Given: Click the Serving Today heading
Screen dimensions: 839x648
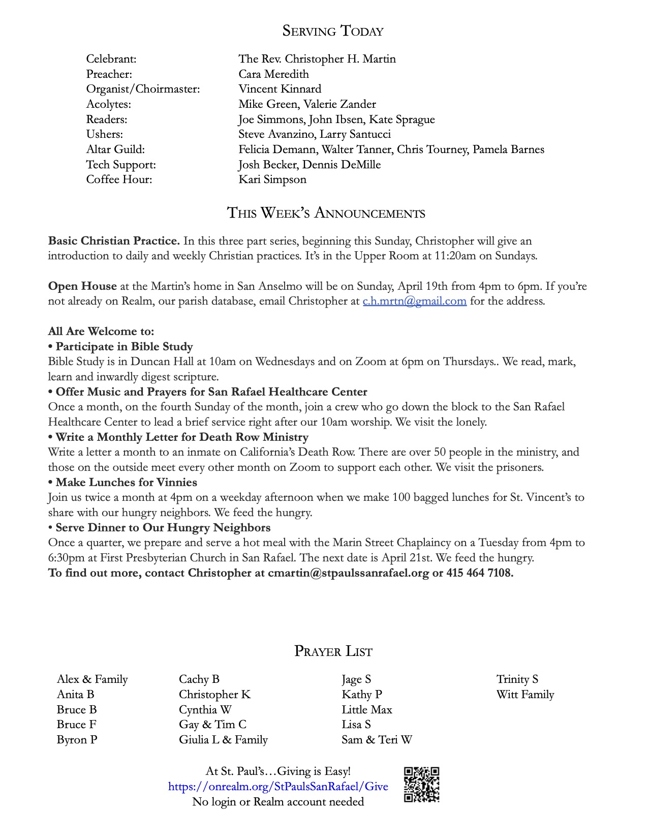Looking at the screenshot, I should click(333, 31).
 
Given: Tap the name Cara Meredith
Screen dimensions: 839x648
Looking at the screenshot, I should click(273, 74).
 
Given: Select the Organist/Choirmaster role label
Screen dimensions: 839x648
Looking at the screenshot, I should click(143, 89).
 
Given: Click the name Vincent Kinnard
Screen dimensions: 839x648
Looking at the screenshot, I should click(280, 89).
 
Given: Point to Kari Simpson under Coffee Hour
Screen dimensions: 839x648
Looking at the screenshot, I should click(272, 179).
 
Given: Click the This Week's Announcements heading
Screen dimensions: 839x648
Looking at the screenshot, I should click(326, 213).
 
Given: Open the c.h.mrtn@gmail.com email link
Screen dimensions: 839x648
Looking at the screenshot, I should click(414, 301).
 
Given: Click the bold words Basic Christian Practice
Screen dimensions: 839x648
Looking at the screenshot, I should click(114, 241).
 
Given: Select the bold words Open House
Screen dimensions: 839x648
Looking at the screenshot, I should click(82, 286).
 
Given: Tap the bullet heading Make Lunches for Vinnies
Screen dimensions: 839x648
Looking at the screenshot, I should click(126, 482).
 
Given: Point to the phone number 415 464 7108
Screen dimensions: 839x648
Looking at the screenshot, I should click(479, 573).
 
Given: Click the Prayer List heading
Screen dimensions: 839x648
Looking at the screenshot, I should click(333, 651).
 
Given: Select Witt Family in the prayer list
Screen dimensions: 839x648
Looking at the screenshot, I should click(525, 695).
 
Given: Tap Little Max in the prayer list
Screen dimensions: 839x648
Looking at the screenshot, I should click(366, 709).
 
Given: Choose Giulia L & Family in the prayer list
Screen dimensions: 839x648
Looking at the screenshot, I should click(223, 740).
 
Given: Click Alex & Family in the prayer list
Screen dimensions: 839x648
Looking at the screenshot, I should click(92, 679).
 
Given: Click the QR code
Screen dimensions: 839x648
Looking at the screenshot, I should click(421, 785).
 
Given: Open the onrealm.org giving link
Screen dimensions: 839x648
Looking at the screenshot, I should click(278, 787).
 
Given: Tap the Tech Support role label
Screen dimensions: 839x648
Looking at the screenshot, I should click(121, 165).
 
